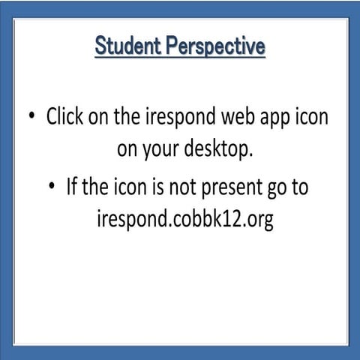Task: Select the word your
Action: click(x=166, y=149)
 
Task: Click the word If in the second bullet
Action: click(x=73, y=187)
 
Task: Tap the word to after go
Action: click(x=300, y=187)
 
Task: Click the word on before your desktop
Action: click(x=128, y=149)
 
